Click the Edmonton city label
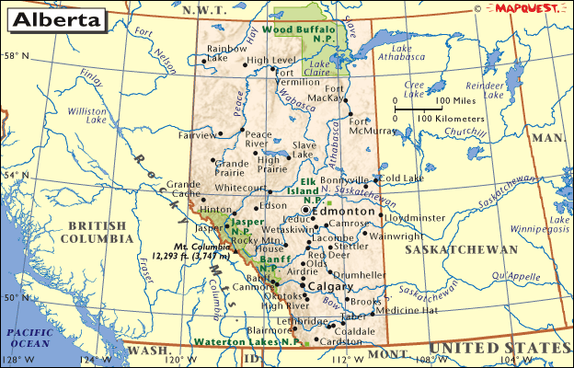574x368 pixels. tap(345, 211)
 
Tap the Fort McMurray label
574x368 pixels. tap(373, 125)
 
